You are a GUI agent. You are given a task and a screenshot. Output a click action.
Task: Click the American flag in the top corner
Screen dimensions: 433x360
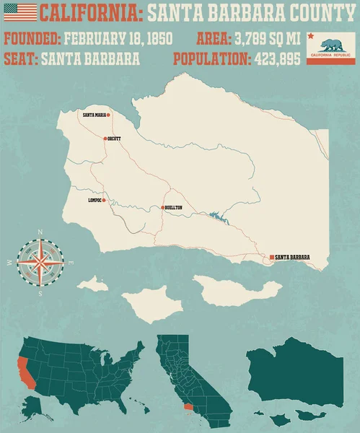point(16,12)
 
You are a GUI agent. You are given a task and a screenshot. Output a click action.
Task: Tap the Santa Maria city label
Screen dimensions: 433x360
point(95,115)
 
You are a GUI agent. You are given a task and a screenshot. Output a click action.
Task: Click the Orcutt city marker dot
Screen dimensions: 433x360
point(105,138)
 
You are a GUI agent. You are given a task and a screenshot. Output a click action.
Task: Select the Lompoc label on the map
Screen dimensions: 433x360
point(95,200)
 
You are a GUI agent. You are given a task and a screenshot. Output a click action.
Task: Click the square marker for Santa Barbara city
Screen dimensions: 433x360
point(271,257)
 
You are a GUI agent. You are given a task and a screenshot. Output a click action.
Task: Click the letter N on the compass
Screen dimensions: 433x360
point(40,232)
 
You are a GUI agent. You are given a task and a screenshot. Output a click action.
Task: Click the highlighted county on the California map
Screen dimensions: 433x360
point(188,408)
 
